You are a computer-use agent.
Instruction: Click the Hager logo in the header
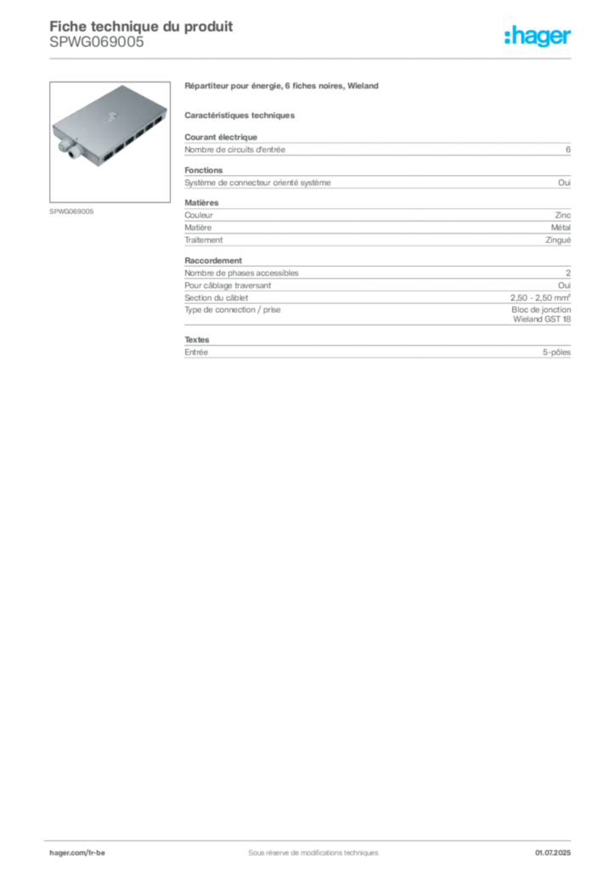pos(537,36)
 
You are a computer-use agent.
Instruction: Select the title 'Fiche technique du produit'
pos(141,26)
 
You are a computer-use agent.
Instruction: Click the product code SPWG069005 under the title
pos(97,42)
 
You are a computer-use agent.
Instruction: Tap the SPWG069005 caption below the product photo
pos(71,212)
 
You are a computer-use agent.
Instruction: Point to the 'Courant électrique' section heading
pos(221,137)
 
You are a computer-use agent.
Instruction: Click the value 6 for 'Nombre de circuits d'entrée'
pos(568,150)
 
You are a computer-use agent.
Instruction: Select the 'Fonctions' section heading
pos(204,170)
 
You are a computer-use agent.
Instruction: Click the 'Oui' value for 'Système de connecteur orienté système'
pos(564,183)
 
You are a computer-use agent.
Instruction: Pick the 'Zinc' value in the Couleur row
pos(563,215)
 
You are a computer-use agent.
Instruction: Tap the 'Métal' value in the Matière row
pos(561,228)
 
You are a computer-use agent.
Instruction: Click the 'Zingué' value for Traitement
pos(558,240)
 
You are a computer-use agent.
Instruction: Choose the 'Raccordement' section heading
pos(213,261)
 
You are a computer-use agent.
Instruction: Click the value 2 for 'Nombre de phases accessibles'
pos(568,273)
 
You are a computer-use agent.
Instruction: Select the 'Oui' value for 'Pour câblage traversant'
pos(564,285)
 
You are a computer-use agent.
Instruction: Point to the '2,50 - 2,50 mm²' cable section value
pos(540,298)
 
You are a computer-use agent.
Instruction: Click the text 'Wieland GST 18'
pos(542,319)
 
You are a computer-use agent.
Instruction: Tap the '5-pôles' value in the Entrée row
pos(556,353)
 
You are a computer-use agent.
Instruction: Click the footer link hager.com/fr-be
pos(77,853)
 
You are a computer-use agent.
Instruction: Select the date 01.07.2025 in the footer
pos(552,853)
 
